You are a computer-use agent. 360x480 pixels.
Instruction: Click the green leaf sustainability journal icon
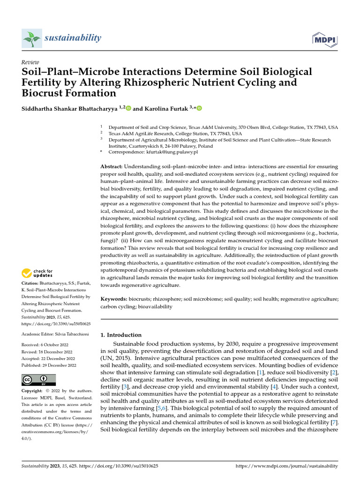click(31, 38)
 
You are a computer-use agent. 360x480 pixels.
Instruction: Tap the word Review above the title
click(30, 62)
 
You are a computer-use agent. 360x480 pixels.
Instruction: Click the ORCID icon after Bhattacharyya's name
click(128, 108)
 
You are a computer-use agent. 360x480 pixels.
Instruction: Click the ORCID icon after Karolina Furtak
click(199, 108)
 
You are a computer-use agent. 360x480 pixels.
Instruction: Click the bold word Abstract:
click(112, 167)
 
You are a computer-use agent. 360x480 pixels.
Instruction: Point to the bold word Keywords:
click(114, 299)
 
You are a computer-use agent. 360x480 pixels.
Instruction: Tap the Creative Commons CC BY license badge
click(38, 380)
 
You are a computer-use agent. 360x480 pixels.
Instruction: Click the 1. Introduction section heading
click(121, 335)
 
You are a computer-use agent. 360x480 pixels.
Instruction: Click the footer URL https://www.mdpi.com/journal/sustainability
click(286, 466)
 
